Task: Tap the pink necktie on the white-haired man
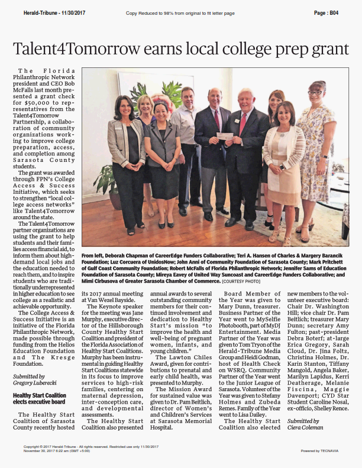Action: pyautogui.click(x=243, y=123)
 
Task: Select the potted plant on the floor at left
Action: pyautogui.click(x=107, y=183)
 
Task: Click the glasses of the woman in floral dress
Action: pyautogui.click(x=315, y=93)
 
